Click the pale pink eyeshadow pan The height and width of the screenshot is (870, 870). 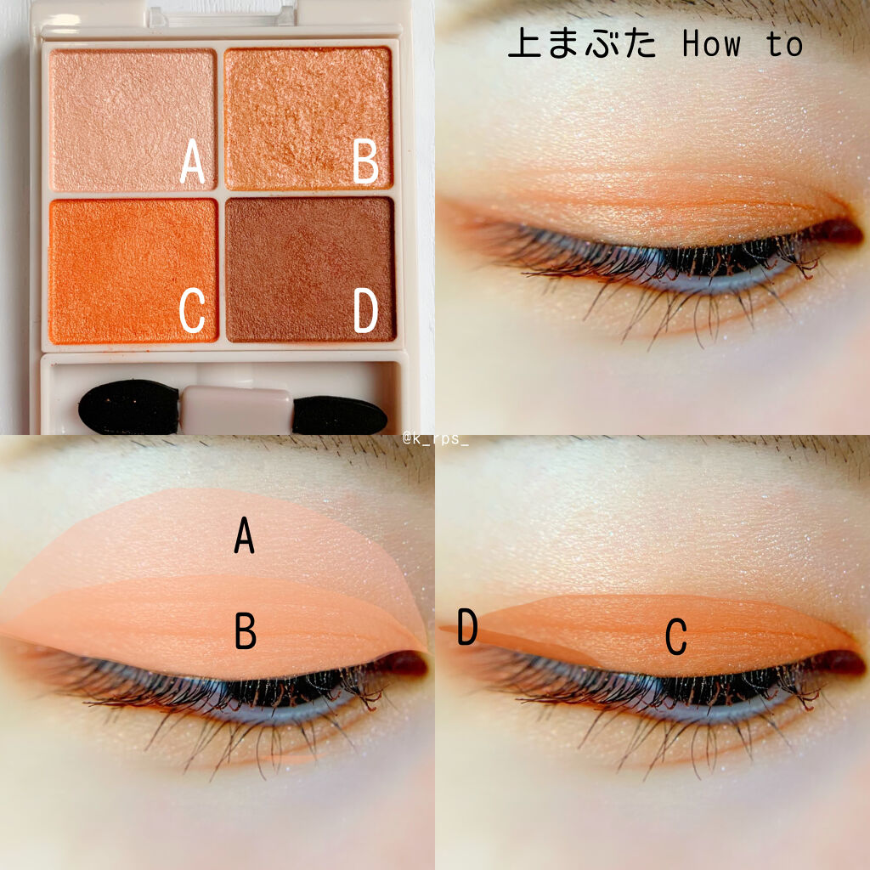pyautogui.click(x=133, y=120)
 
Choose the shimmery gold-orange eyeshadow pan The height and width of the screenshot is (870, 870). pyautogui.click(x=308, y=119)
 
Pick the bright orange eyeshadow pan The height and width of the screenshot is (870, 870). pyautogui.click(x=133, y=271)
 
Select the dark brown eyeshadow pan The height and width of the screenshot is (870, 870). pyautogui.click(x=310, y=269)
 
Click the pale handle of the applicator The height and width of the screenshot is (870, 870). pyautogui.click(x=237, y=410)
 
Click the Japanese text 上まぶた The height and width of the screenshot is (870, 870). pyautogui.click(x=582, y=43)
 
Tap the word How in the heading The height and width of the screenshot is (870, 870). pyautogui.click(x=711, y=44)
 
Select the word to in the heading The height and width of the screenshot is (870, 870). pyautogui.click(x=784, y=44)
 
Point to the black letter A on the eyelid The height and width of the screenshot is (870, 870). pyautogui.click(x=244, y=535)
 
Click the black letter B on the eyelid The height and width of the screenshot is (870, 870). pyautogui.click(x=246, y=631)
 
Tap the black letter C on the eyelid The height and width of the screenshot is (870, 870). pyautogui.click(x=675, y=637)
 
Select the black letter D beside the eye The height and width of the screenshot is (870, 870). pyautogui.click(x=467, y=626)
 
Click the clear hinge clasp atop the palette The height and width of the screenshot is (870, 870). pyautogui.click(x=222, y=15)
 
